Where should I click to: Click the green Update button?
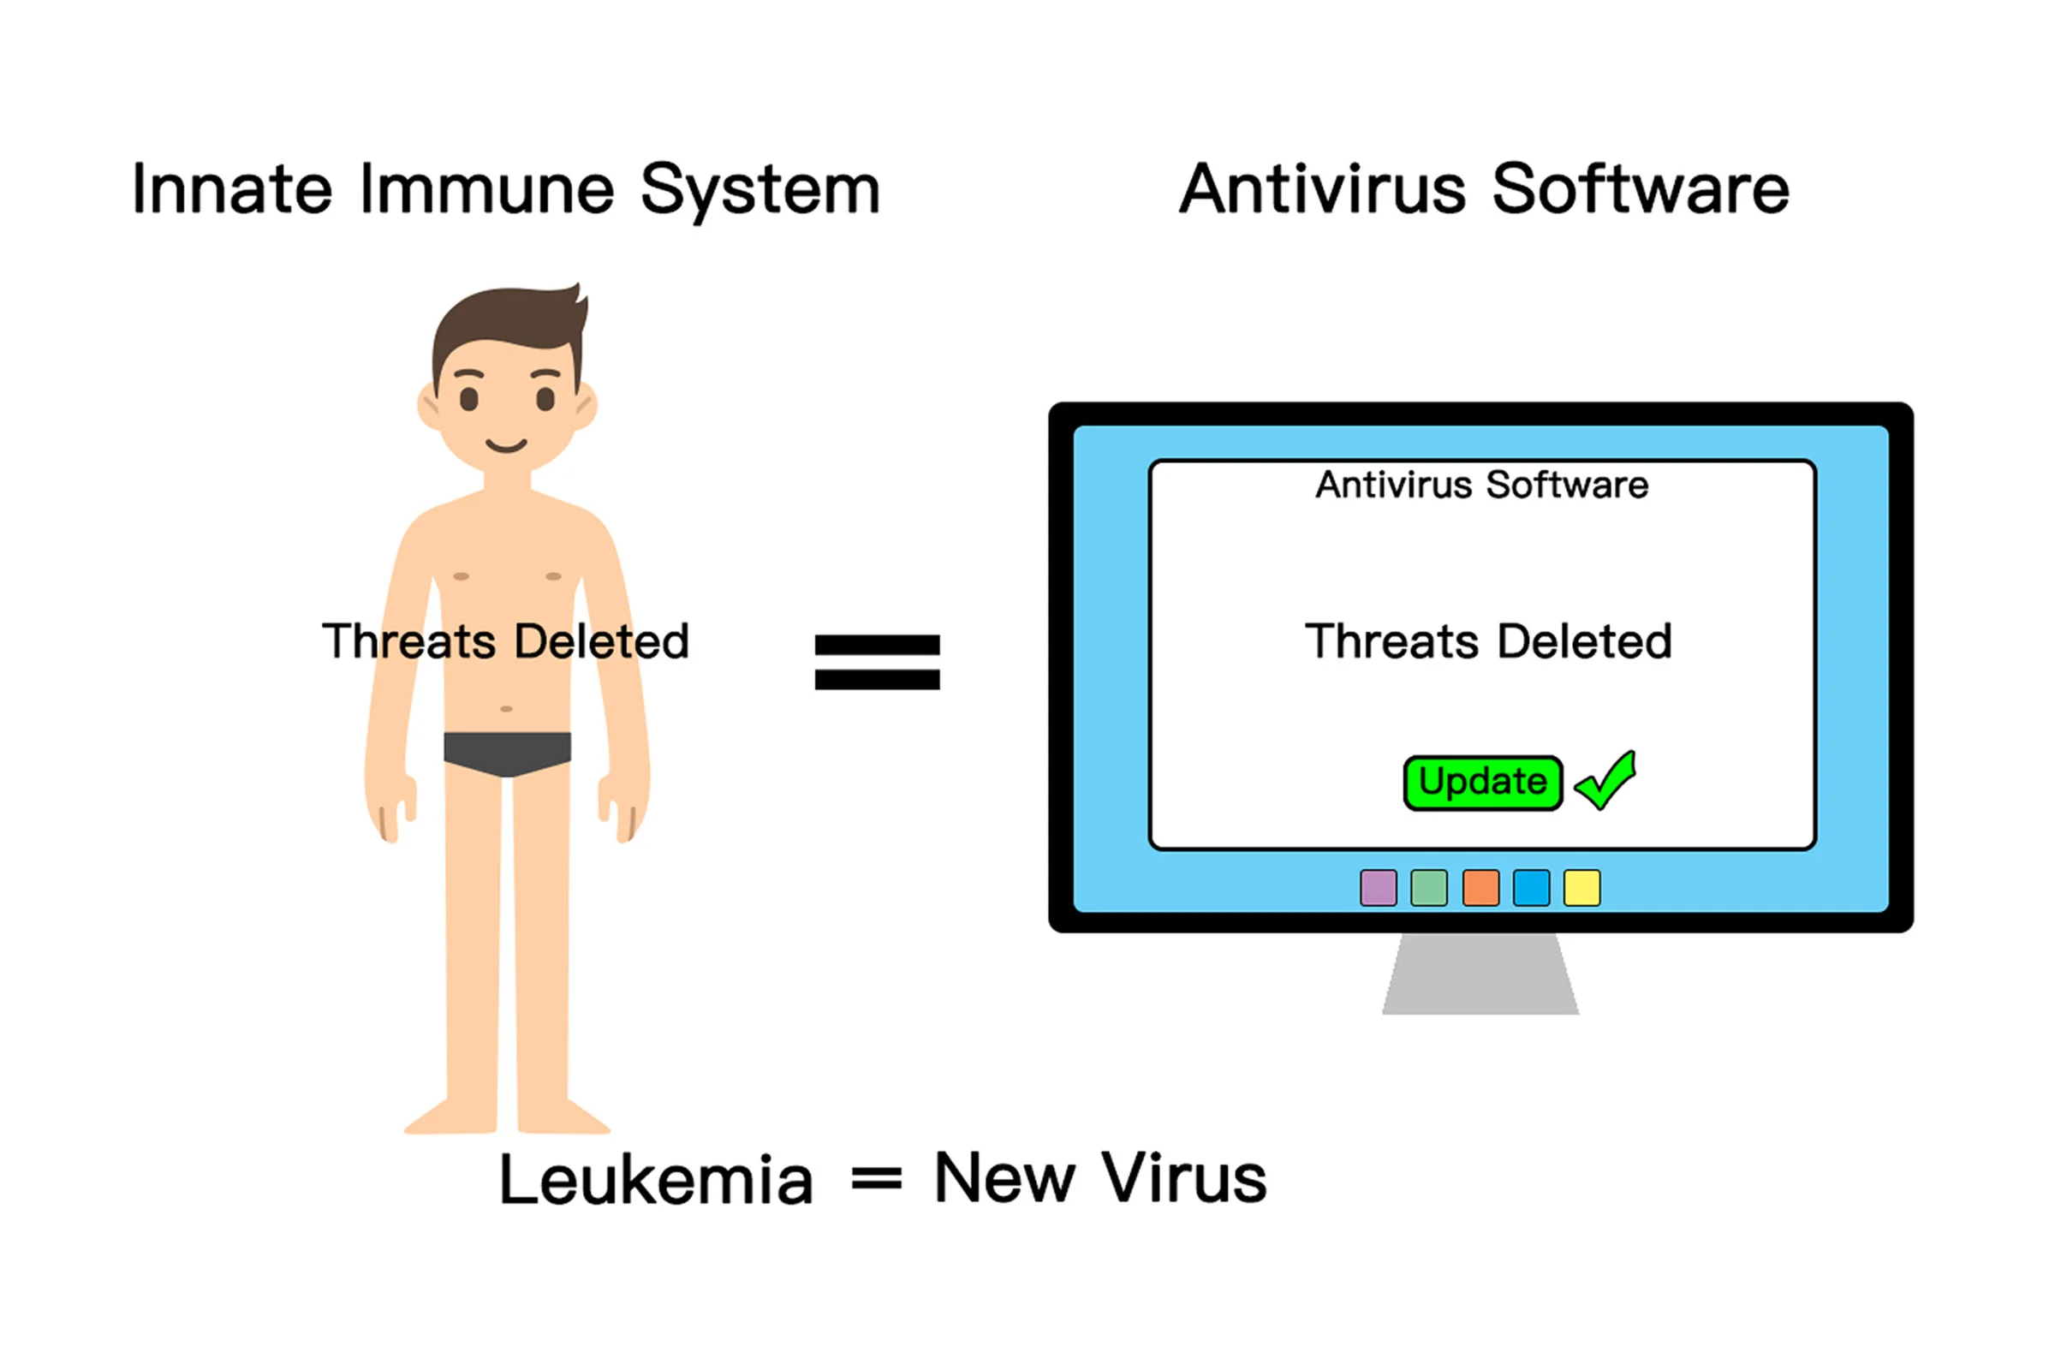(x=1482, y=782)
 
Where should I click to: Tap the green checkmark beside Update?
(x=1606, y=781)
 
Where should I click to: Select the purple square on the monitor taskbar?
(x=1378, y=888)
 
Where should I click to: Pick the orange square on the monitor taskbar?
(x=1480, y=888)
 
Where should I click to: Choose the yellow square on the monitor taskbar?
(x=1581, y=888)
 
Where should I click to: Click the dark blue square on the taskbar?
(x=1531, y=888)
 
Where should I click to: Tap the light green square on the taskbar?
(x=1428, y=888)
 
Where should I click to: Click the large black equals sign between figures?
(x=877, y=661)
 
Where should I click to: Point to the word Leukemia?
(x=655, y=1180)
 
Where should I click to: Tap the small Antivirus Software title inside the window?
(x=1482, y=485)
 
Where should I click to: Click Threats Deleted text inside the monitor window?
(x=1488, y=641)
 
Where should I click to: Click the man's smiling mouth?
(x=507, y=446)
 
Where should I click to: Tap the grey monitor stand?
(x=1480, y=974)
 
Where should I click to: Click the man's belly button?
(x=506, y=709)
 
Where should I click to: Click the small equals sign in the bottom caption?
(x=876, y=1180)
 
